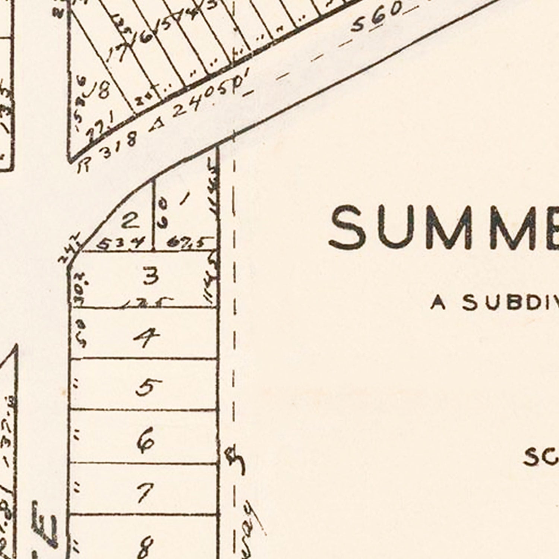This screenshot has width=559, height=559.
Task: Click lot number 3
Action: point(151,277)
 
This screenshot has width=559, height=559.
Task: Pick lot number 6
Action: point(146,440)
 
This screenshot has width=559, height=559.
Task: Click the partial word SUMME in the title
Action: point(443,228)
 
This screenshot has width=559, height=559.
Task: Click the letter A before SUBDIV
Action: point(438,303)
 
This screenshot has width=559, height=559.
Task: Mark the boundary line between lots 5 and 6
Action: point(143,410)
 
